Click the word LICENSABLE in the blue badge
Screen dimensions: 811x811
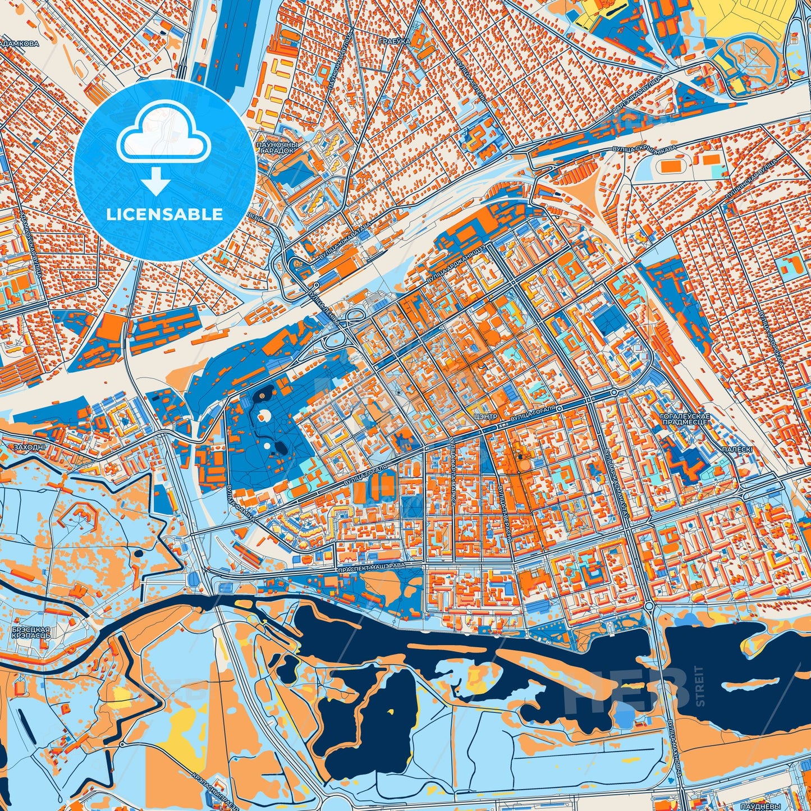tap(165, 214)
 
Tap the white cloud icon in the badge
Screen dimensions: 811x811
tap(163, 137)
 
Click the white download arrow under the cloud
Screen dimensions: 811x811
tap(157, 181)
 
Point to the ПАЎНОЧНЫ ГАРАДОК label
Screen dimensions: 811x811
tap(276, 148)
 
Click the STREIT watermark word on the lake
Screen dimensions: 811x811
tap(699, 685)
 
